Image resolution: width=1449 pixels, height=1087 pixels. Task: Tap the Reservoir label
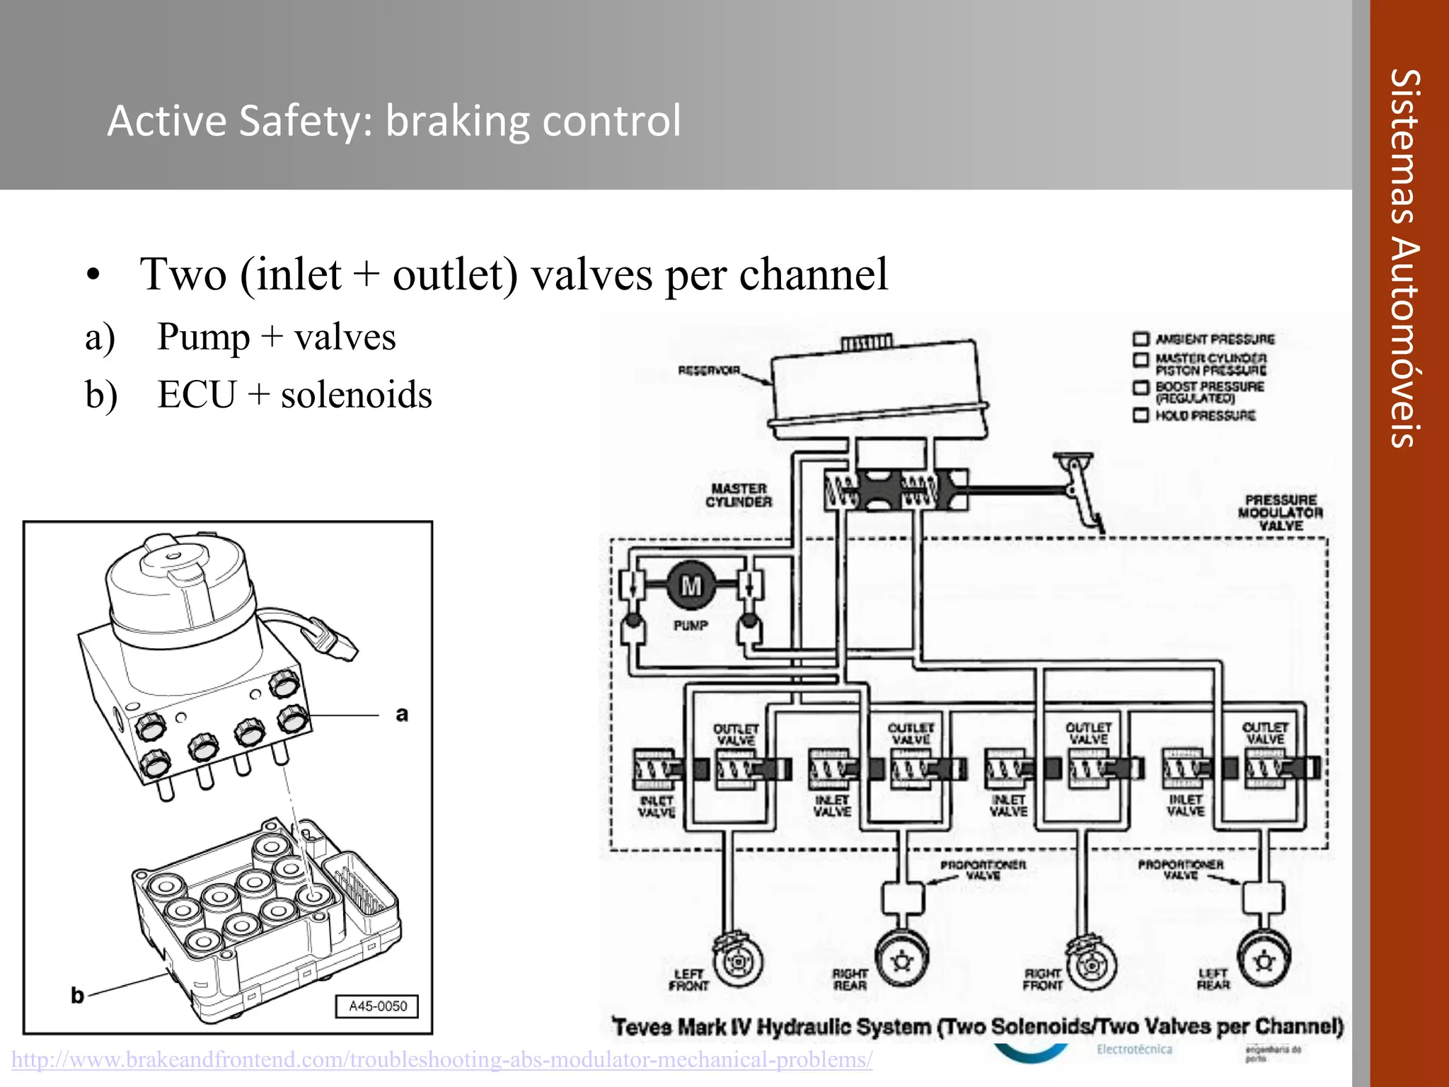(x=709, y=370)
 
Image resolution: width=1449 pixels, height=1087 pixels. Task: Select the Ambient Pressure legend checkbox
(x=1141, y=339)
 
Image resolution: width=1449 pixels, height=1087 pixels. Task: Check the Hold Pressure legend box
(x=1141, y=415)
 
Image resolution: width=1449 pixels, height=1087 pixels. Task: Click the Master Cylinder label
(x=739, y=495)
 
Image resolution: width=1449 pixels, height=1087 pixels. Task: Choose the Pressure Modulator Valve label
(x=1281, y=512)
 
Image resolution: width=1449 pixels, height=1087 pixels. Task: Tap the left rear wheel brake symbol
(x=1264, y=960)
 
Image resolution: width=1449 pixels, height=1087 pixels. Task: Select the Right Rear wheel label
(x=850, y=979)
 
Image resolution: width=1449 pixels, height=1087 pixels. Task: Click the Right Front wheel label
(x=1042, y=979)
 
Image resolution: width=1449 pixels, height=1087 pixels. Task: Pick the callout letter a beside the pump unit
(x=402, y=714)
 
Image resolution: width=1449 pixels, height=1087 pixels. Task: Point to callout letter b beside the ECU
(x=77, y=996)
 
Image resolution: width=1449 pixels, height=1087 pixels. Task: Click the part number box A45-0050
(x=377, y=1006)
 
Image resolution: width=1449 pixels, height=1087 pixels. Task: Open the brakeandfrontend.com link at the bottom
(x=442, y=1059)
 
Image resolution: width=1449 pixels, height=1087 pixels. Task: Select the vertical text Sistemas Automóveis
(x=1404, y=258)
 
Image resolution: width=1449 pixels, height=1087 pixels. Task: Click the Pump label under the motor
(x=691, y=626)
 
